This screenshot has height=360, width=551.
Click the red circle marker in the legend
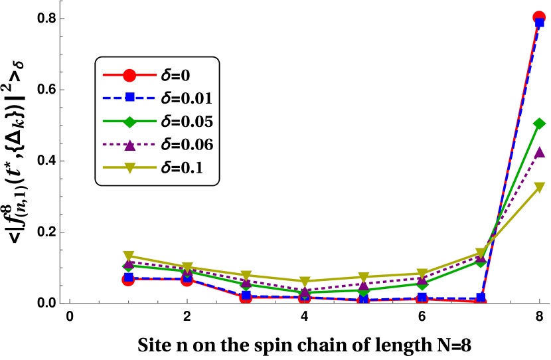point(129,75)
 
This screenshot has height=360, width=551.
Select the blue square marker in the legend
point(130,98)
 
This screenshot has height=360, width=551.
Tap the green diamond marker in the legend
point(129,122)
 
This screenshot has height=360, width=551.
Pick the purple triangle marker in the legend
point(130,145)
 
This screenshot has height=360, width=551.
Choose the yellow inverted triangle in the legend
point(129,168)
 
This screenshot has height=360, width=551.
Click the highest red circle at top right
point(539,17)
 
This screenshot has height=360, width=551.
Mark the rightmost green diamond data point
point(539,124)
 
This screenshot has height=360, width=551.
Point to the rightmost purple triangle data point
point(539,152)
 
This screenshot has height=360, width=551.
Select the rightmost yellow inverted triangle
point(539,187)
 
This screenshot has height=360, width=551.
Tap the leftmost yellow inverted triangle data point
point(129,256)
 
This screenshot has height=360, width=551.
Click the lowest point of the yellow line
point(305,282)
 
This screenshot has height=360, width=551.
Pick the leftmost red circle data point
point(128,280)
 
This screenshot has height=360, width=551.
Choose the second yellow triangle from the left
point(187,268)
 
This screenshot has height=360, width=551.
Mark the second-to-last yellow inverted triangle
point(481,253)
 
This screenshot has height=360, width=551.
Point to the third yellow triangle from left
point(246,275)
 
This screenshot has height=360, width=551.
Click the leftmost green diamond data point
point(128,266)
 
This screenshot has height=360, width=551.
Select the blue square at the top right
point(539,23)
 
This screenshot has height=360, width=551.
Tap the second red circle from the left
point(187,280)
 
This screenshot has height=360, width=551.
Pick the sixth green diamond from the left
point(422,284)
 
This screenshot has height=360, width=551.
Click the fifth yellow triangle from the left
point(364,277)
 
